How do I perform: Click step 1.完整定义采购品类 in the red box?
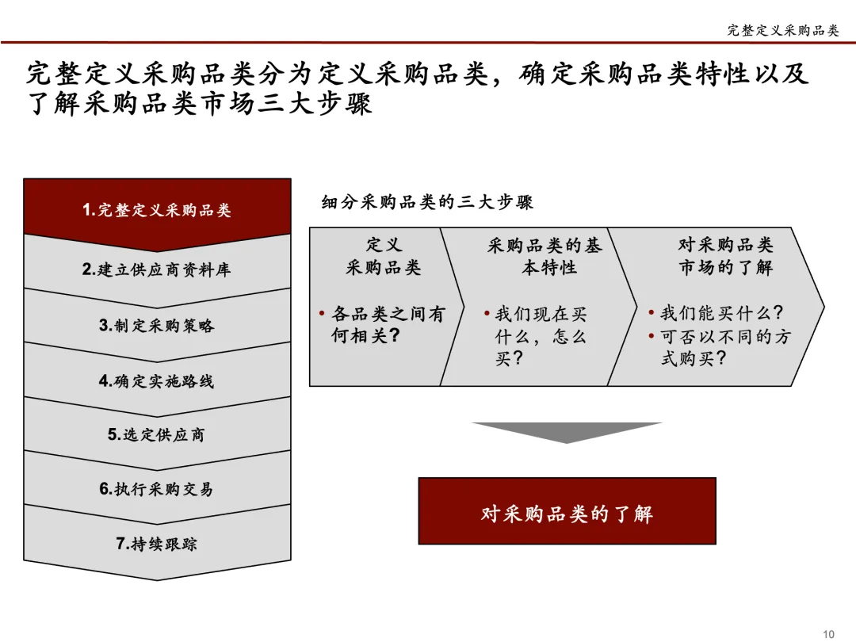(157, 210)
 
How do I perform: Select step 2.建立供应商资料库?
(157, 269)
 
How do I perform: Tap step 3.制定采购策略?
(157, 325)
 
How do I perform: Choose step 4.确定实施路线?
(157, 380)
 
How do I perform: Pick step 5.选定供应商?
(157, 434)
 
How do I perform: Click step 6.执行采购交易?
(157, 489)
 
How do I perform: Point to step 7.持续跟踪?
(157, 544)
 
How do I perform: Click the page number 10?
(829, 633)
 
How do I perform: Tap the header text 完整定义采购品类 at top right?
(782, 30)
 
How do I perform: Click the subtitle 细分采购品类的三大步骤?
(427, 202)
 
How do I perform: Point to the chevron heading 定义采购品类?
(384, 256)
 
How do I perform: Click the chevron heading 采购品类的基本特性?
(545, 256)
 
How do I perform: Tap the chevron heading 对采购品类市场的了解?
(725, 256)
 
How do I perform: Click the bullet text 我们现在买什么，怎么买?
(541, 336)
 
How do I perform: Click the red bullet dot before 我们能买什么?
(652, 313)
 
